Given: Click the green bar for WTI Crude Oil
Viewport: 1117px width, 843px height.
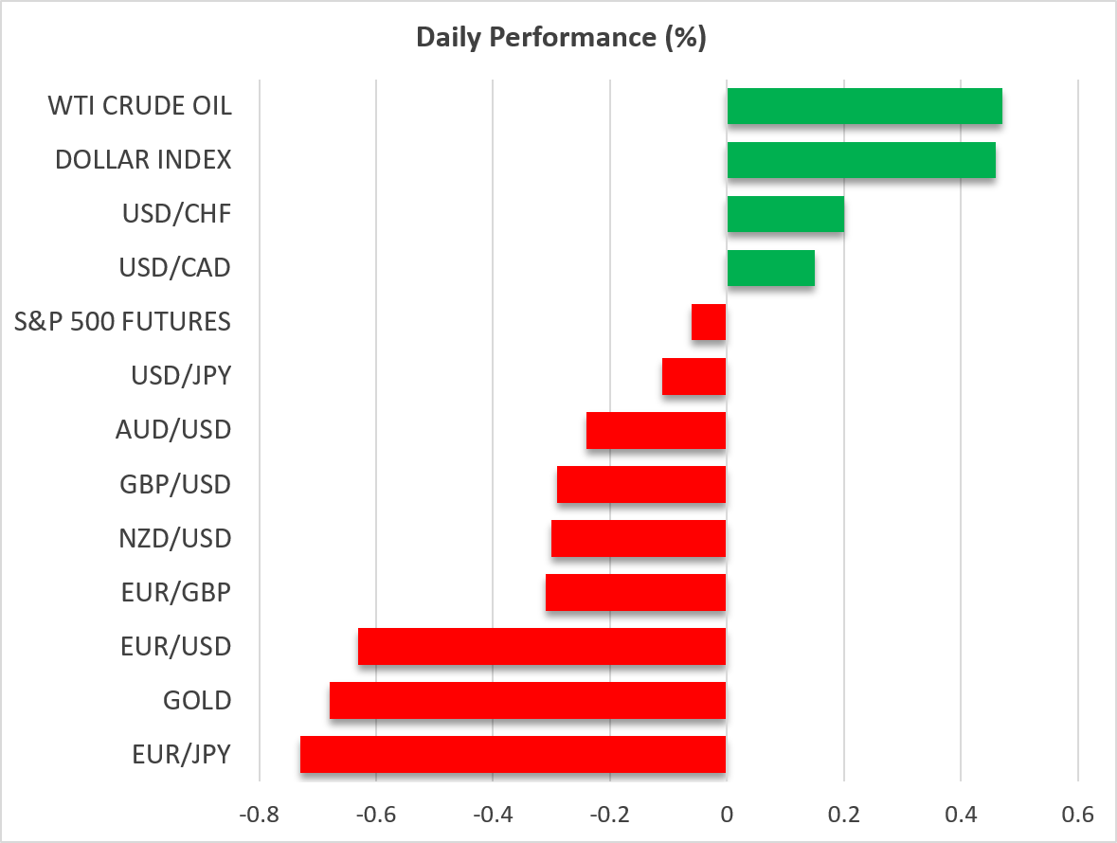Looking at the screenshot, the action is click(x=864, y=106).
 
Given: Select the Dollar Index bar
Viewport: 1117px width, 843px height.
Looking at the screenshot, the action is click(x=861, y=160).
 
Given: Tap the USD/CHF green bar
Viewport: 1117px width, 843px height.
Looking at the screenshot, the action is click(x=785, y=214).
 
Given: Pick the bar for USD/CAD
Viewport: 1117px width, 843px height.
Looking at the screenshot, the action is click(x=771, y=268).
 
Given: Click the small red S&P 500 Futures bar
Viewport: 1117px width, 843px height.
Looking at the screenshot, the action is click(x=709, y=322).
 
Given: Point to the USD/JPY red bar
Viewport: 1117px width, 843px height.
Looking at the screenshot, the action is click(x=694, y=376).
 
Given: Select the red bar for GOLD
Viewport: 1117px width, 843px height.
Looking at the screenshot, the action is click(x=528, y=701).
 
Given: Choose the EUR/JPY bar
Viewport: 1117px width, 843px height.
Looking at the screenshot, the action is click(x=513, y=754).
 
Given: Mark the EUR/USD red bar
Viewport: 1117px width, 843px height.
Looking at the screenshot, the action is click(x=542, y=647).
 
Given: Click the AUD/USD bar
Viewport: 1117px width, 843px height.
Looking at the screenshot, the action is click(x=657, y=430).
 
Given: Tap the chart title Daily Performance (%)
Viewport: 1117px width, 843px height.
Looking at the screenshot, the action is click(x=562, y=37).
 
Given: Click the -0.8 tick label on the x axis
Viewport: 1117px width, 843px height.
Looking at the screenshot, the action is click(x=260, y=814).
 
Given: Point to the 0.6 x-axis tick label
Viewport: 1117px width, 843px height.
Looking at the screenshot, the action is click(x=1078, y=814).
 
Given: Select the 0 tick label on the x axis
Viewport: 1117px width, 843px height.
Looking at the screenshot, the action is click(x=727, y=814).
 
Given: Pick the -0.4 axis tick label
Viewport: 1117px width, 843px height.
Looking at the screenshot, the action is click(x=493, y=814).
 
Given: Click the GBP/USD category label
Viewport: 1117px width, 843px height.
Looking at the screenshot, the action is click(x=175, y=484).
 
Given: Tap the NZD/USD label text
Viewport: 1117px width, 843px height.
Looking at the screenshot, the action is click(x=175, y=538).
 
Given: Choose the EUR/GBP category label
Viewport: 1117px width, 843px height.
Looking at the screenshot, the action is click(x=176, y=592).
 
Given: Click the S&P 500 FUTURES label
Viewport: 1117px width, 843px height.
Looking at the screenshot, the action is click(x=122, y=322).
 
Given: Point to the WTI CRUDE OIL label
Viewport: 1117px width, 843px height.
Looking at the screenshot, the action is click(x=139, y=106).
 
